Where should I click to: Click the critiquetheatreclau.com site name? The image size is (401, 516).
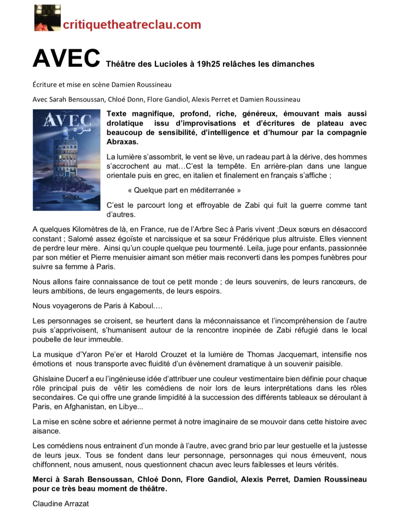(x=132, y=24)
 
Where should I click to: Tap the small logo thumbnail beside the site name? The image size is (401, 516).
(x=47, y=18)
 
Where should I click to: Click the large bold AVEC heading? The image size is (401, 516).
(x=66, y=58)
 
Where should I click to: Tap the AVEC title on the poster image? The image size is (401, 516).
(x=67, y=122)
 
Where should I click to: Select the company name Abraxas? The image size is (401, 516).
(x=122, y=142)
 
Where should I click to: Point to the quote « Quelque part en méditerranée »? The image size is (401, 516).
(x=184, y=190)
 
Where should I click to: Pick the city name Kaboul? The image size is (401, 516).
(x=141, y=306)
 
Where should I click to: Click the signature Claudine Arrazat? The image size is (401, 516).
(x=60, y=503)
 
